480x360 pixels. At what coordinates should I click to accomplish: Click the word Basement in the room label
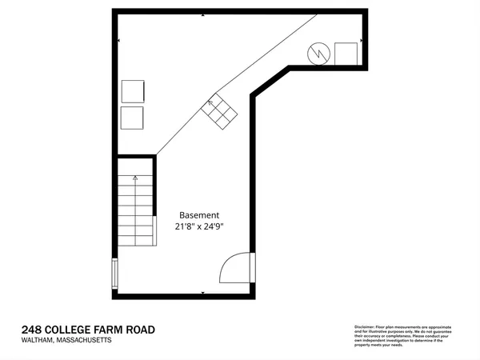tap(199, 215)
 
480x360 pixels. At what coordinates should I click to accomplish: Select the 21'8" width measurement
tap(189, 226)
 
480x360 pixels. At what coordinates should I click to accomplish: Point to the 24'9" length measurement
tap(212, 226)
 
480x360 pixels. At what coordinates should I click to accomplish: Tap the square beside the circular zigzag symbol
tap(346, 54)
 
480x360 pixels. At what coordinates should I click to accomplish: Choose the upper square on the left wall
tap(132, 90)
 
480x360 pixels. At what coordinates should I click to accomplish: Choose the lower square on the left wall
tap(132, 118)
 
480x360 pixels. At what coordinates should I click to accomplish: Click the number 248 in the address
tap(32, 330)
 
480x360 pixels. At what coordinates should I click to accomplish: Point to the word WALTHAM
tap(37, 341)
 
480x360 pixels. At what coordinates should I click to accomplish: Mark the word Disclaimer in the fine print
tap(364, 327)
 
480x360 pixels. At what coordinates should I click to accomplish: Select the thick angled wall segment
tap(272, 82)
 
